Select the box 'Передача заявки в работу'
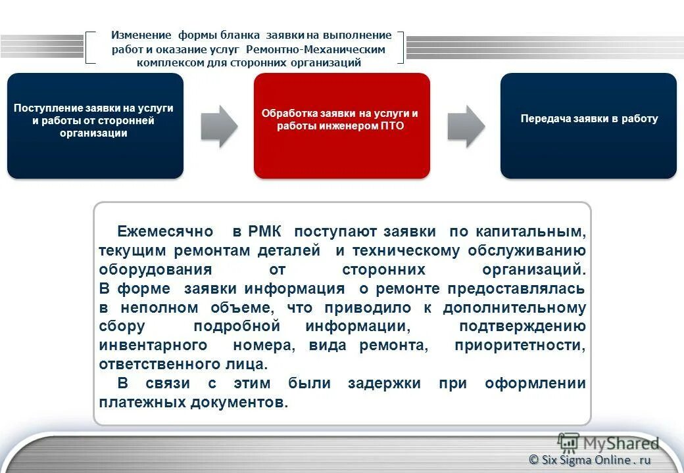click(588, 125)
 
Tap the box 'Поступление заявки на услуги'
click(95, 125)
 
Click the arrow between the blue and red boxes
click(218, 125)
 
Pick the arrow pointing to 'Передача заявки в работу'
click(466, 125)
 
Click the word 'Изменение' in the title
click(141, 35)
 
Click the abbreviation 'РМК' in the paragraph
click(265, 231)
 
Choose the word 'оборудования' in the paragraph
click(155, 269)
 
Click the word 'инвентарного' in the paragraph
click(153, 346)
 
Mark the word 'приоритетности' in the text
click(520, 346)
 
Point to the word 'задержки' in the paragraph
click(383, 384)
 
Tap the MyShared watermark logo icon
click(568, 443)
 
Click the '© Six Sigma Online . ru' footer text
click(590, 460)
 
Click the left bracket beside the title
click(91, 47)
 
